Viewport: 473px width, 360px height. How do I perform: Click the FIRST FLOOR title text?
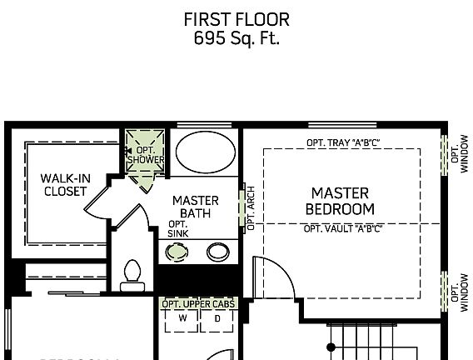237,19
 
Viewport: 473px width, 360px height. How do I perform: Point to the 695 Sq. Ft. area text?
237,37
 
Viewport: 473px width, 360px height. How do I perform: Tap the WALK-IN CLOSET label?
64,185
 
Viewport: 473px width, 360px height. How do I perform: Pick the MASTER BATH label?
195,207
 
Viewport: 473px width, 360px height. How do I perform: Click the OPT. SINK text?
177,229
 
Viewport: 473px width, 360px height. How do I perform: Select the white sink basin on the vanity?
218,251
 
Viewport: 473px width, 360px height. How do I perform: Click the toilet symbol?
132,275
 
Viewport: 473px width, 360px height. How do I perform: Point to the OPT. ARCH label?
250,207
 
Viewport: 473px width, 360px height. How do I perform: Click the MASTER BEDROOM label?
339,201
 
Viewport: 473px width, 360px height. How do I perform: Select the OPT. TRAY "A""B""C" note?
342,143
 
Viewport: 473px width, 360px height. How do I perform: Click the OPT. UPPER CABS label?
198,305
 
